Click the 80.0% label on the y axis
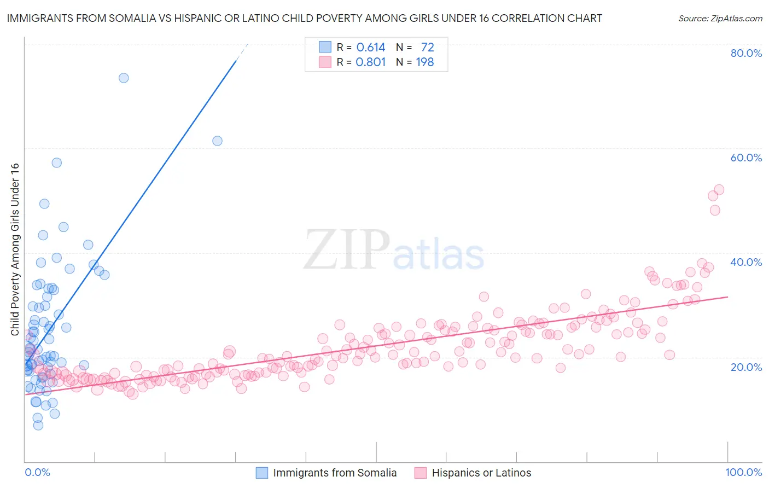(746, 53)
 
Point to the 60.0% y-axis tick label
(746, 158)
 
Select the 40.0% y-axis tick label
(746, 262)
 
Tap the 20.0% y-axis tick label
(746, 367)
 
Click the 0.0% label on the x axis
(37, 472)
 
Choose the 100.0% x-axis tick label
(743, 472)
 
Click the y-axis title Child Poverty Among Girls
(15, 249)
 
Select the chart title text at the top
(304, 18)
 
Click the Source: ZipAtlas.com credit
(720, 18)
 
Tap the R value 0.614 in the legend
(371, 48)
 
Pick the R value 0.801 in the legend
(371, 62)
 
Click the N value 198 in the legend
(425, 62)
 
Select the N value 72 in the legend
(427, 48)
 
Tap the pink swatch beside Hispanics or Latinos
(420, 473)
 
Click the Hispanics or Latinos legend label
(481, 473)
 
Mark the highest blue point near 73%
(124, 78)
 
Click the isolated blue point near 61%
(217, 141)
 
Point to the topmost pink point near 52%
(719, 190)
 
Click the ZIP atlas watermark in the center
(394, 251)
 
